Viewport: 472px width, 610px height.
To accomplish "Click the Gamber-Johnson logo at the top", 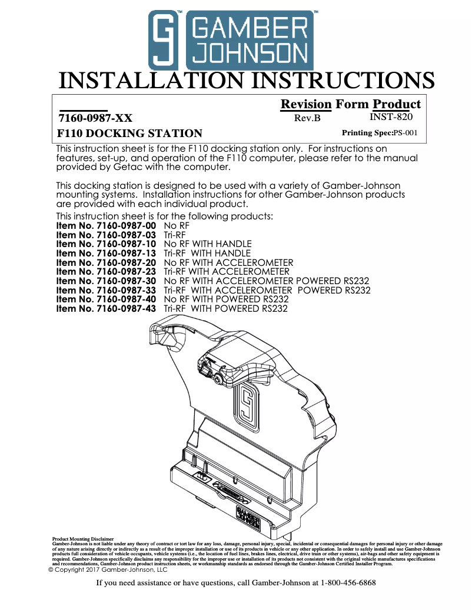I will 230,40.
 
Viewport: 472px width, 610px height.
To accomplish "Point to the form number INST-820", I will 391,117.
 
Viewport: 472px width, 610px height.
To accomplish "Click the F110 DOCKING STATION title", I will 129,133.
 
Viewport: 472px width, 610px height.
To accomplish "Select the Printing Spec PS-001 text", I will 380,133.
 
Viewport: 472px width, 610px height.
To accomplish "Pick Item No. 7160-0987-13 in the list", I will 106,254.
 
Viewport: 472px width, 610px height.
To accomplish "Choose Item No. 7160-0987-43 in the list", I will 106,309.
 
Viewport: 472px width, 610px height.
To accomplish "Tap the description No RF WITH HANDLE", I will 208,244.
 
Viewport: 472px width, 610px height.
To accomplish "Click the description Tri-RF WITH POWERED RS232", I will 226,309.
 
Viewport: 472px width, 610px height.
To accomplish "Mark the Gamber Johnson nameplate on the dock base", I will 248,514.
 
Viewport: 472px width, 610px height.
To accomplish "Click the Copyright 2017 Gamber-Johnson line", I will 107,569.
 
